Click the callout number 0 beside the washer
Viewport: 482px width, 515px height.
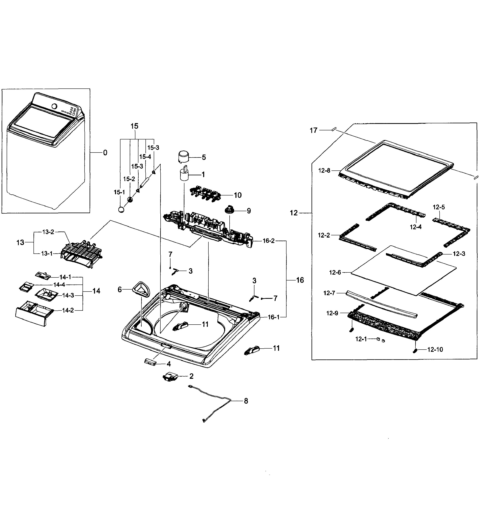click(x=105, y=153)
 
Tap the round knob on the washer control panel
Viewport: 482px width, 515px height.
click(x=54, y=106)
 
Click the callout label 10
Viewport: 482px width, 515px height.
click(x=238, y=195)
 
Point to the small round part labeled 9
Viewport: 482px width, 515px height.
click(x=230, y=209)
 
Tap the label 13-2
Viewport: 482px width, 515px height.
click(x=48, y=232)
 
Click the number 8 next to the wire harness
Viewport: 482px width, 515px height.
click(x=246, y=401)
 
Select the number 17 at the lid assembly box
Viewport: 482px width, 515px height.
click(x=314, y=130)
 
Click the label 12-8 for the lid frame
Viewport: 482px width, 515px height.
click(x=324, y=170)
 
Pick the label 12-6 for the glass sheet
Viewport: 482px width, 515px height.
click(x=335, y=273)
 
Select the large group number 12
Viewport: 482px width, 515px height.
click(x=294, y=213)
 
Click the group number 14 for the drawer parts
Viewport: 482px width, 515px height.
click(x=96, y=291)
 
